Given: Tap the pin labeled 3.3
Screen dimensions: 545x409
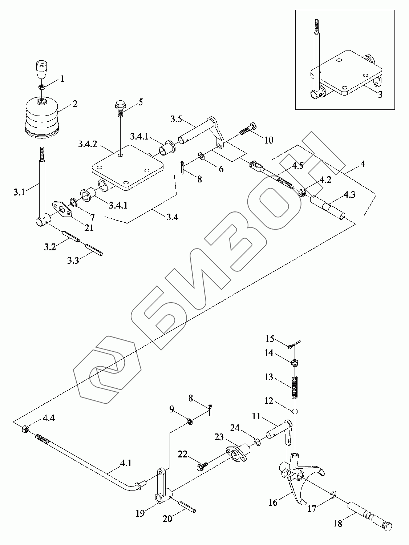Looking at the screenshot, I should tap(94, 250).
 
